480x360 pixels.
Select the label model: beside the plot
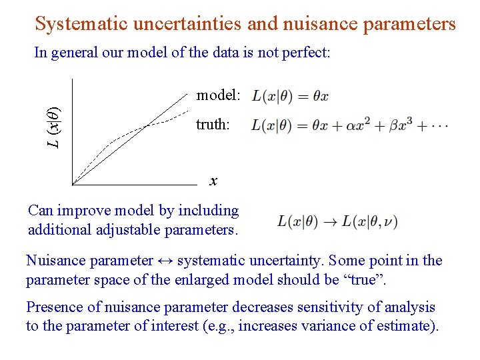point(218,95)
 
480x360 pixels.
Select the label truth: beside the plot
point(213,125)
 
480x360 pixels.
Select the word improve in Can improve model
point(79,211)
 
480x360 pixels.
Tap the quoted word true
point(363,279)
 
